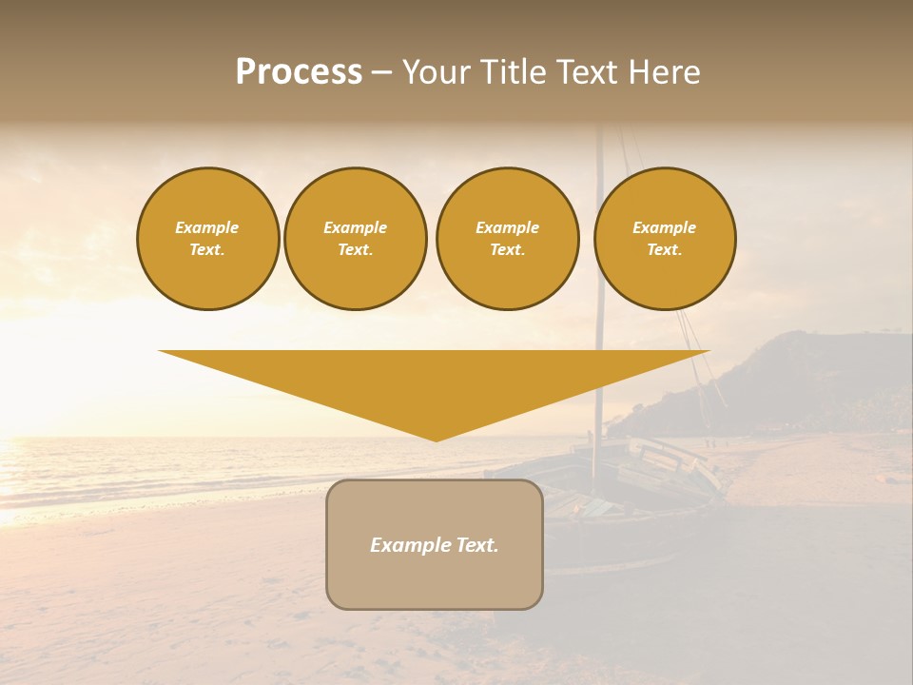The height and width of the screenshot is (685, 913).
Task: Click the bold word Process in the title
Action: click(x=299, y=72)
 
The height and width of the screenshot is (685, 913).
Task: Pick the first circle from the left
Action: click(x=207, y=239)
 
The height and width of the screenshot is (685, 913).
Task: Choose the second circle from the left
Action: click(x=356, y=239)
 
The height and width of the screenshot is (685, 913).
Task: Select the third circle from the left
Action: click(x=507, y=239)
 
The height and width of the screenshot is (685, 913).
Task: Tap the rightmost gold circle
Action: click(x=665, y=239)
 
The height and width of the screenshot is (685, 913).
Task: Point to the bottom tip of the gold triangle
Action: click(x=437, y=439)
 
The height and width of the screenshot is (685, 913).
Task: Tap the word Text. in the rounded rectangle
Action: click(x=476, y=545)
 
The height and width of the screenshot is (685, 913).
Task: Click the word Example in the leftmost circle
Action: click(x=207, y=227)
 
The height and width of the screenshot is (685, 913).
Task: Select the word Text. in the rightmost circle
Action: click(x=665, y=250)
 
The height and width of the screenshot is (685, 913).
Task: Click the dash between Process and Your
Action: click(x=382, y=72)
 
